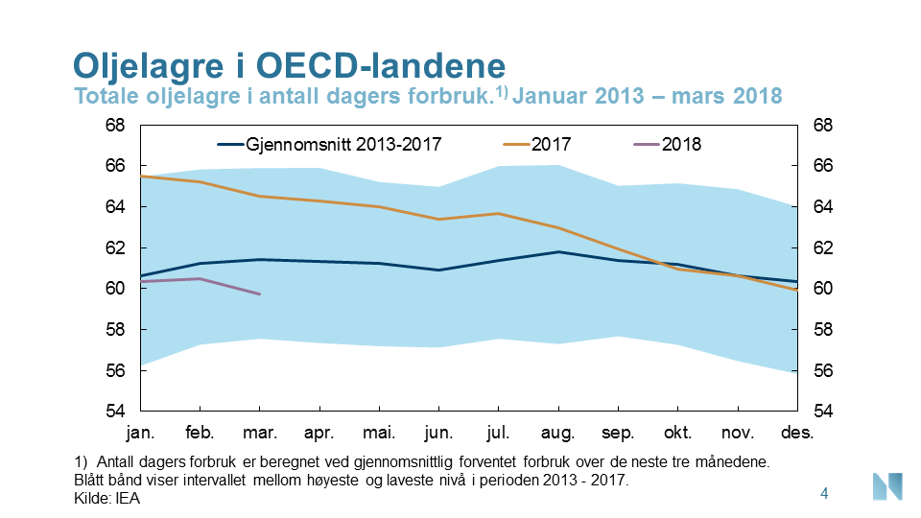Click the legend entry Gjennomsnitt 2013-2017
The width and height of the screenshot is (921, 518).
click(x=331, y=145)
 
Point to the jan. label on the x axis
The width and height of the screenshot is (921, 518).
click(x=141, y=433)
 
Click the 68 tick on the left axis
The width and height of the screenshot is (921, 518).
click(x=114, y=126)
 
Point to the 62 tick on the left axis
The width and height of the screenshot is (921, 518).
click(x=114, y=248)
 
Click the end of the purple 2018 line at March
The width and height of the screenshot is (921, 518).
click(x=259, y=294)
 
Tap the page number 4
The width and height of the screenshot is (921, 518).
click(x=824, y=494)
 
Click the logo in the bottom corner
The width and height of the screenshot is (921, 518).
click(x=886, y=486)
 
